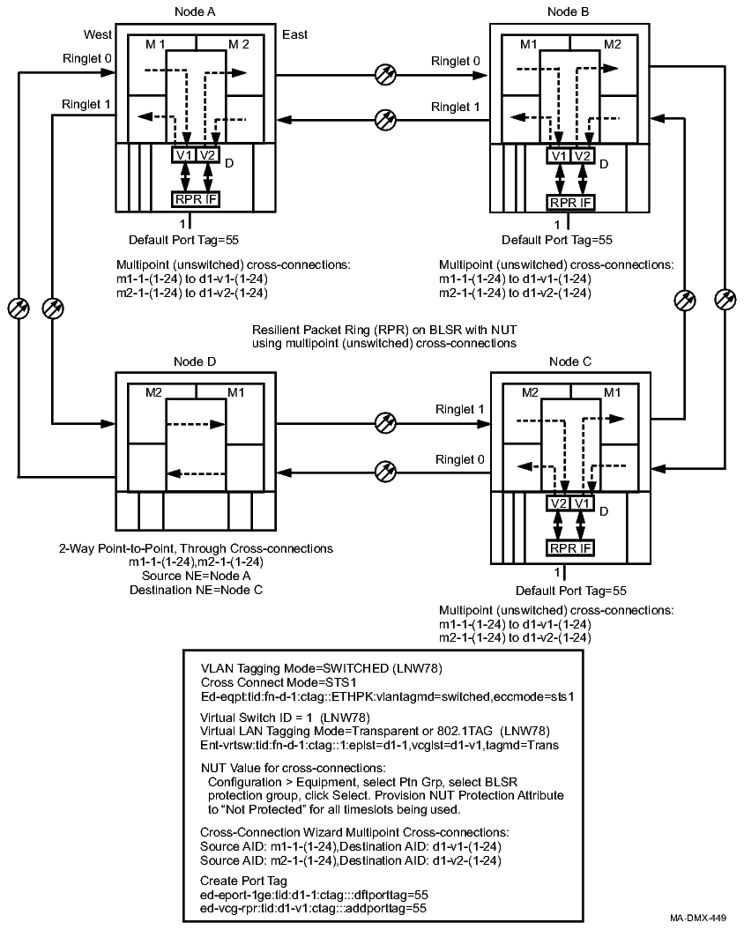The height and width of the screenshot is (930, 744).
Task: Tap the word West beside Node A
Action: pyautogui.click(x=98, y=34)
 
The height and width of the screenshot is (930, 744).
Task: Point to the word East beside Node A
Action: pyautogui.click(x=294, y=34)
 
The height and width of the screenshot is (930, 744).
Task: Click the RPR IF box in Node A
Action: pyautogui.click(x=195, y=198)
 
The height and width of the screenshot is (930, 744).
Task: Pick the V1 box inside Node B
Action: pyautogui.click(x=557, y=156)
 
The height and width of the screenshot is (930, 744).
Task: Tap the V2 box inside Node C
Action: pyautogui.click(x=557, y=503)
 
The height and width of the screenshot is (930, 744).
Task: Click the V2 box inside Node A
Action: pyautogui.click(x=207, y=156)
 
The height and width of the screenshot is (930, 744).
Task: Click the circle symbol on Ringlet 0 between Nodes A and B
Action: pyautogui.click(x=384, y=75)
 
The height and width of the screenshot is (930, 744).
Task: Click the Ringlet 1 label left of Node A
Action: pyautogui.click(x=86, y=104)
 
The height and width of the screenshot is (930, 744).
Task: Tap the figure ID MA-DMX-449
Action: pyautogui.click(x=696, y=918)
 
